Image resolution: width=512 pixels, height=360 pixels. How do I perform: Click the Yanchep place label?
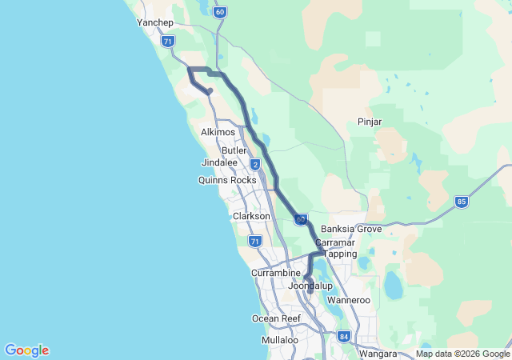(x=155, y=23)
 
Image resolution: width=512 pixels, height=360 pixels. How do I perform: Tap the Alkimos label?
(x=218, y=132)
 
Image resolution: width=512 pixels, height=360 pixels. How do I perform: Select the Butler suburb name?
(x=234, y=150)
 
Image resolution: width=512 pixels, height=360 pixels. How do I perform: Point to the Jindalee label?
(x=219, y=162)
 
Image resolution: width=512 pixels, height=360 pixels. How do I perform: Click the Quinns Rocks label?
(x=227, y=180)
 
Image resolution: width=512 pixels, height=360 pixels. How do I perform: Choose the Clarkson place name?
(x=251, y=216)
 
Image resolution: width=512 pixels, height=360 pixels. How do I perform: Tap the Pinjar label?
(x=369, y=122)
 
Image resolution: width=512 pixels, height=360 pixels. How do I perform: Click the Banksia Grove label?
(x=350, y=229)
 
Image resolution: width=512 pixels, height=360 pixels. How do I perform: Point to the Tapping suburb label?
(x=338, y=254)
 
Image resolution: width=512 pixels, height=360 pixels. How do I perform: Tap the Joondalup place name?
(x=310, y=286)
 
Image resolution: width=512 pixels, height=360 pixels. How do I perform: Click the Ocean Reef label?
(x=276, y=318)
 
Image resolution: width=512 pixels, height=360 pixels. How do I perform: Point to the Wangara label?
(x=378, y=353)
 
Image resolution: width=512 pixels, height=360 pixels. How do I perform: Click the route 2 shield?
(x=255, y=165)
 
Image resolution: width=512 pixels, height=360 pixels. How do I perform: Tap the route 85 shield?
(x=462, y=202)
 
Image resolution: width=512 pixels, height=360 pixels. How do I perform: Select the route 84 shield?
(x=343, y=336)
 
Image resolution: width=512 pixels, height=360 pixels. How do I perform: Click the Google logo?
(x=26, y=350)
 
